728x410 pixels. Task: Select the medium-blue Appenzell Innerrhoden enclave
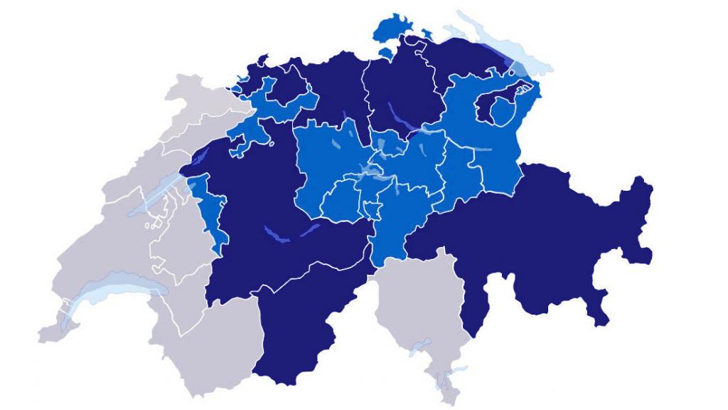(x=503, y=110)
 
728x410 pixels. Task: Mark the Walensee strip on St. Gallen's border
(x=483, y=149)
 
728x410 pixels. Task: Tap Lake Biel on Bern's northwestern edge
(x=194, y=157)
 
